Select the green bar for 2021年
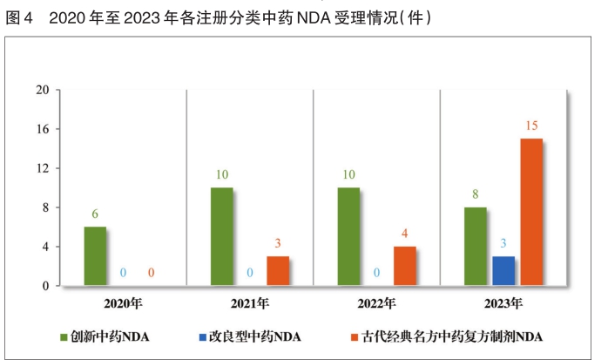pyautogui.click(x=221, y=236)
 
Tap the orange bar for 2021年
pyautogui.click(x=278, y=270)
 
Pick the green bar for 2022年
pyautogui.click(x=348, y=236)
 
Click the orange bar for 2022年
pyautogui.click(x=404, y=266)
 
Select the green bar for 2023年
pyautogui.click(x=475, y=246)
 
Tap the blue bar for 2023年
pyautogui.click(x=503, y=270)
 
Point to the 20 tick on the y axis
pyautogui.click(x=42, y=90)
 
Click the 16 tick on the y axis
pyautogui.click(x=42, y=129)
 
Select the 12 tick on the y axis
pyautogui.click(x=42, y=168)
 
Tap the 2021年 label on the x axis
pyautogui.click(x=249, y=303)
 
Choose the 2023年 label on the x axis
pyautogui.click(x=503, y=303)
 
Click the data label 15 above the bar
pyautogui.click(x=531, y=126)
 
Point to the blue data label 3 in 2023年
pyautogui.click(x=503, y=243)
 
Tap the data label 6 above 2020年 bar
pyautogui.click(x=95, y=214)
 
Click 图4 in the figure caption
pyautogui.click(x=19, y=17)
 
